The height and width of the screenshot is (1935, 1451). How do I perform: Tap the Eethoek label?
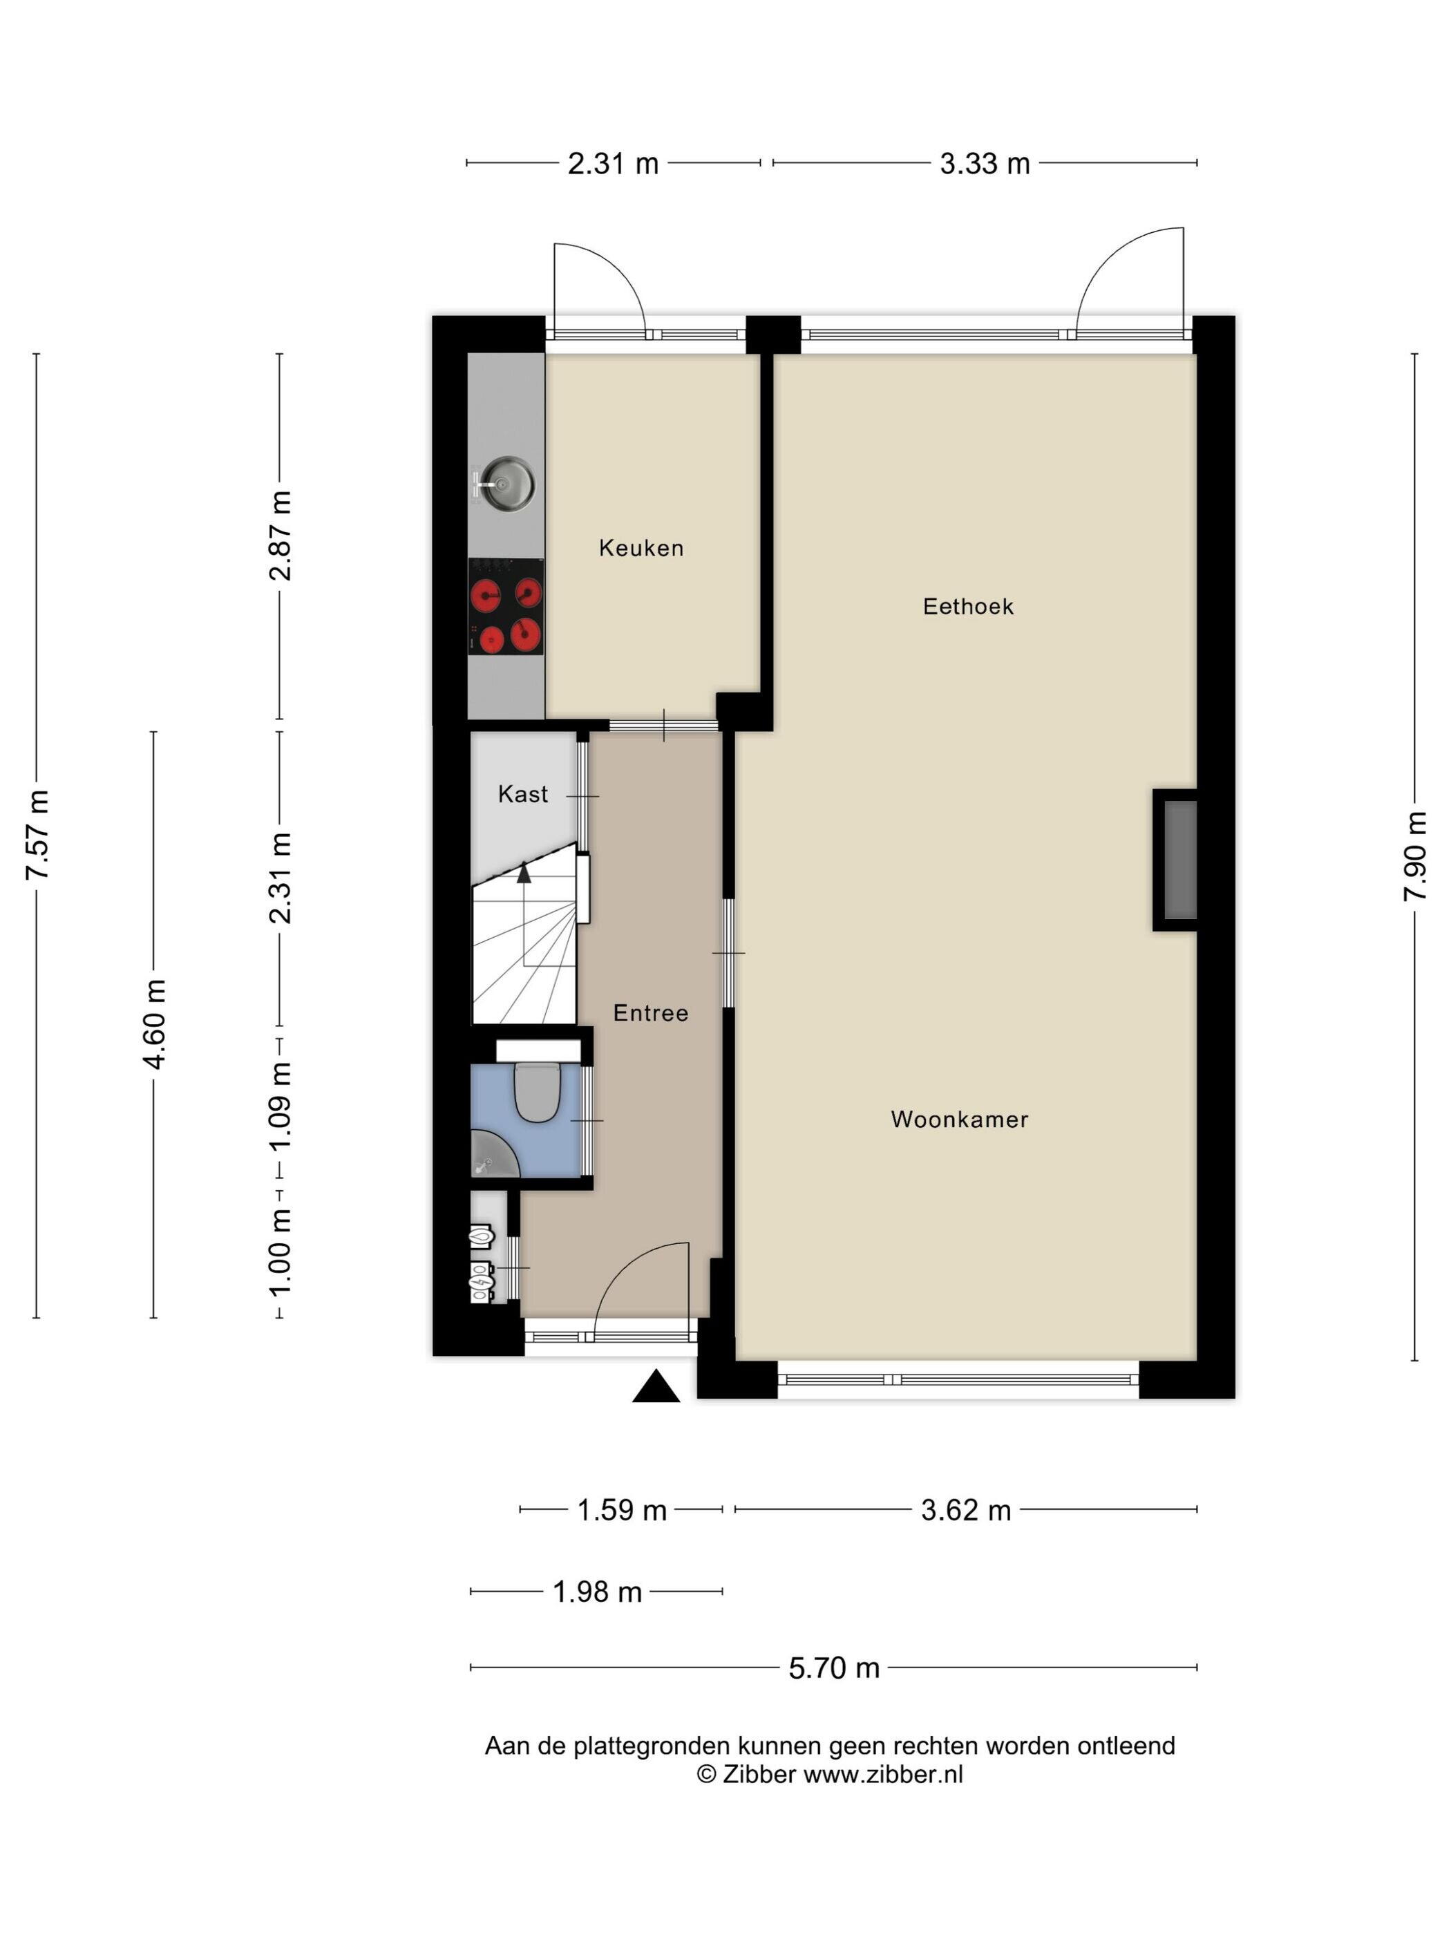967,606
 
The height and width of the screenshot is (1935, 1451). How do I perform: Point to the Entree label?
650,1013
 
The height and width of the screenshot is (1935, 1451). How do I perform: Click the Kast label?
522,793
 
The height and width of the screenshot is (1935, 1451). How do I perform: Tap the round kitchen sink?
506,484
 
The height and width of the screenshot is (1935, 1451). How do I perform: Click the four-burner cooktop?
506,606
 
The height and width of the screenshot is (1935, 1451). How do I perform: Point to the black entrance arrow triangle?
656,1388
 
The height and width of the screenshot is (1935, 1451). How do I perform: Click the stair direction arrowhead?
523,871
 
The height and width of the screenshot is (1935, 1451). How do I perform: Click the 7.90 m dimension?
1414,856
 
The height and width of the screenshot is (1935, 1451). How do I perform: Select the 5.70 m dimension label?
833,1668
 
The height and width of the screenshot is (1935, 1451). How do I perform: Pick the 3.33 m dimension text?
984,164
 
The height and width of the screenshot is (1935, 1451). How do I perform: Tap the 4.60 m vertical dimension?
155,1023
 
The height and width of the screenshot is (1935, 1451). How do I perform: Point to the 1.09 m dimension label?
280,1108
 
